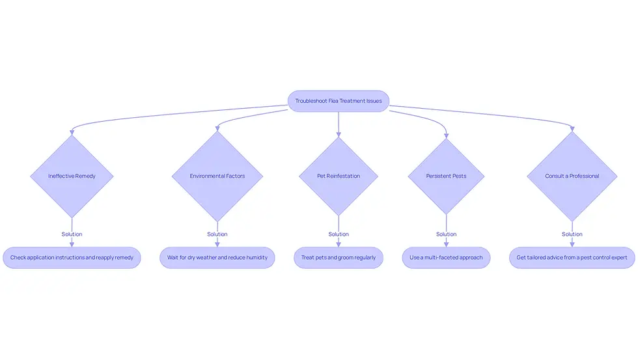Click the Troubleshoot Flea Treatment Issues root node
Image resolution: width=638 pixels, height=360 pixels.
(338, 101)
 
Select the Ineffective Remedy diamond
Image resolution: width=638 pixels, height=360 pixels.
(72, 176)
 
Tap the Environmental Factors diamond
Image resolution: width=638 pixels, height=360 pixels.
(217, 176)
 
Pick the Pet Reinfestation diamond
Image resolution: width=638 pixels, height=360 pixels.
(339, 176)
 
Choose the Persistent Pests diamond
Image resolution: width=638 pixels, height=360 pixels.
(447, 176)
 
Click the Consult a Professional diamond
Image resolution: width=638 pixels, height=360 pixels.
(572, 176)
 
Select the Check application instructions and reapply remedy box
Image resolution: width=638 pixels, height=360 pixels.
(72, 258)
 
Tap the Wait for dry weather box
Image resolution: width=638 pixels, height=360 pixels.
(217, 258)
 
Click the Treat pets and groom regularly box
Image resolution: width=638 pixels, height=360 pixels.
(339, 258)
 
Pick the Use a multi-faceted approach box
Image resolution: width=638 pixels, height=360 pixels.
(447, 258)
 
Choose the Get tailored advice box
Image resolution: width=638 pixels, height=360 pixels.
(572, 258)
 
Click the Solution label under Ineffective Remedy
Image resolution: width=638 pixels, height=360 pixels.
(72, 234)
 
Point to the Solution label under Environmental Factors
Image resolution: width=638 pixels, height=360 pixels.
(217, 234)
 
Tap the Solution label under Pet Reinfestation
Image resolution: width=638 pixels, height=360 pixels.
(339, 234)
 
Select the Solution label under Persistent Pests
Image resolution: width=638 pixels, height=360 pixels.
(447, 234)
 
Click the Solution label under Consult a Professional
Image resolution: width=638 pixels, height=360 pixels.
(572, 234)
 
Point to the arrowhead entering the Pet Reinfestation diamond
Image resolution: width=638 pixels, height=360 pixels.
(339, 134)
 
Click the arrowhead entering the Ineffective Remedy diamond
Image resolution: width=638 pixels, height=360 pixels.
(72, 132)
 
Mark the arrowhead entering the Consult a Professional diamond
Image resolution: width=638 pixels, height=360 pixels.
(572, 128)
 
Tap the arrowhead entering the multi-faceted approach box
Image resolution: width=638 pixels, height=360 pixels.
(447, 244)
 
